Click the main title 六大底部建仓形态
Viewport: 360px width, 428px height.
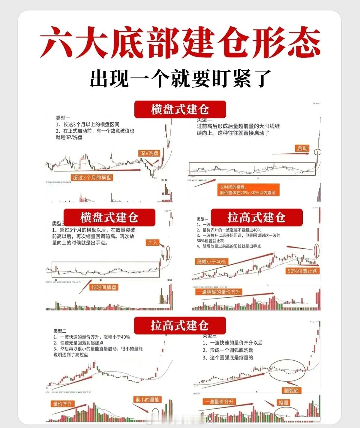pos(180,42)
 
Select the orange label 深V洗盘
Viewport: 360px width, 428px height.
pos(149,153)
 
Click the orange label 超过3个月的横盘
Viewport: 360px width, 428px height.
pos(92,178)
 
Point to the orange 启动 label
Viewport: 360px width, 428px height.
pos(302,148)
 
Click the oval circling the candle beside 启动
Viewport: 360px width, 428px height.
pos(317,152)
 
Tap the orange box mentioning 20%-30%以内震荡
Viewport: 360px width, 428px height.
pos(248,190)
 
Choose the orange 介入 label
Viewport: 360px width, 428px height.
pos(152,243)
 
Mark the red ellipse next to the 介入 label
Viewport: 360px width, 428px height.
pos(168,253)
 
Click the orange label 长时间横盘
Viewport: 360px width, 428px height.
pos(104,287)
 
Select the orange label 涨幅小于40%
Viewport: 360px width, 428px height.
pos(211,262)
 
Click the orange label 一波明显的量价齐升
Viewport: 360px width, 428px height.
pos(218,292)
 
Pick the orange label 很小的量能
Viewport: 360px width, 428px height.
pos(147,399)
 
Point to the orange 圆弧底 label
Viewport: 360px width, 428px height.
pos(291,390)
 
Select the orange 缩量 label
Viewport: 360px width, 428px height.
pos(283,402)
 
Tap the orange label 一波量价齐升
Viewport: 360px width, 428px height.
pos(219,402)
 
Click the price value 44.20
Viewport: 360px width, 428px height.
pos(315,103)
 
